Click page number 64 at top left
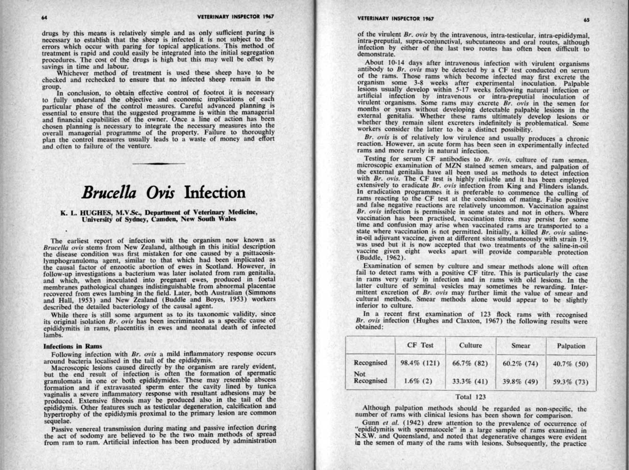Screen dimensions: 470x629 (44, 17)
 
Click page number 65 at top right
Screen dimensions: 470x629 (586, 20)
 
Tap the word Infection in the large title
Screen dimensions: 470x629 (215, 192)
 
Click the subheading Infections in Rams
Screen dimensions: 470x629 (72, 346)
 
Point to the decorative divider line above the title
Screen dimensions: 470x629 (158, 163)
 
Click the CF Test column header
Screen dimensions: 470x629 (420, 345)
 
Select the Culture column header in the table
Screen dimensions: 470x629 (471, 345)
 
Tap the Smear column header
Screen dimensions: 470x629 (520, 345)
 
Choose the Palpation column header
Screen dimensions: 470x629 (571, 346)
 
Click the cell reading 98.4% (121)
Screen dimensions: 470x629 (420, 363)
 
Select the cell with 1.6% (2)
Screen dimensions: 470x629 (420, 381)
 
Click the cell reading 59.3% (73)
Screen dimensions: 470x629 (571, 382)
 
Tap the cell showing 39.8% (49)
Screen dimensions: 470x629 (520, 381)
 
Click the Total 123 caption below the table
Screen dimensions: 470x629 (471, 397)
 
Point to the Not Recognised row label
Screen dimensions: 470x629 (370, 377)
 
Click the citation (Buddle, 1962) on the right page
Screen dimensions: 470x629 (380, 257)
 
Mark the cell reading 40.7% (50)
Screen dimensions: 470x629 (571, 363)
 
